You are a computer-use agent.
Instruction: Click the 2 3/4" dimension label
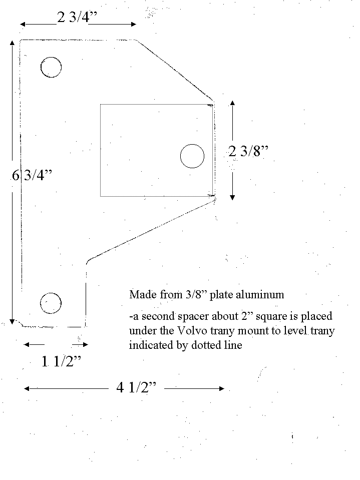coord(77,17)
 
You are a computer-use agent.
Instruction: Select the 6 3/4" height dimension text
coord(32,175)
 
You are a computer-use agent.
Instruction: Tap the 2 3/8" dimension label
coord(248,151)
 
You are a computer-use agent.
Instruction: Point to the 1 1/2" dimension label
coord(61,362)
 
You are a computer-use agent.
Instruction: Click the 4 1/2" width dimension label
coord(136,387)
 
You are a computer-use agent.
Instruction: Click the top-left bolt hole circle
coord(51,67)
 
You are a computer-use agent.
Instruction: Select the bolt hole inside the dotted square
coord(192,156)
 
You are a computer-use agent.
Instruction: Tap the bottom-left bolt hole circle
coord(51,303)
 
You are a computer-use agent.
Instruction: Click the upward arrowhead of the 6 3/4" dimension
coord(12,42)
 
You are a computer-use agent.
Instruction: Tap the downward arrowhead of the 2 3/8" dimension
coord(232,197)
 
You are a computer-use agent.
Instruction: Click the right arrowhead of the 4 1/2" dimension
coord(222,389)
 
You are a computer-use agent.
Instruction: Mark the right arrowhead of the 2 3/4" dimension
coord(134,24)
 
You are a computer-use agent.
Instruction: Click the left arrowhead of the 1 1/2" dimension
coord(27,345)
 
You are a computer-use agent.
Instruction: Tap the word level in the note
coord(299,331)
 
